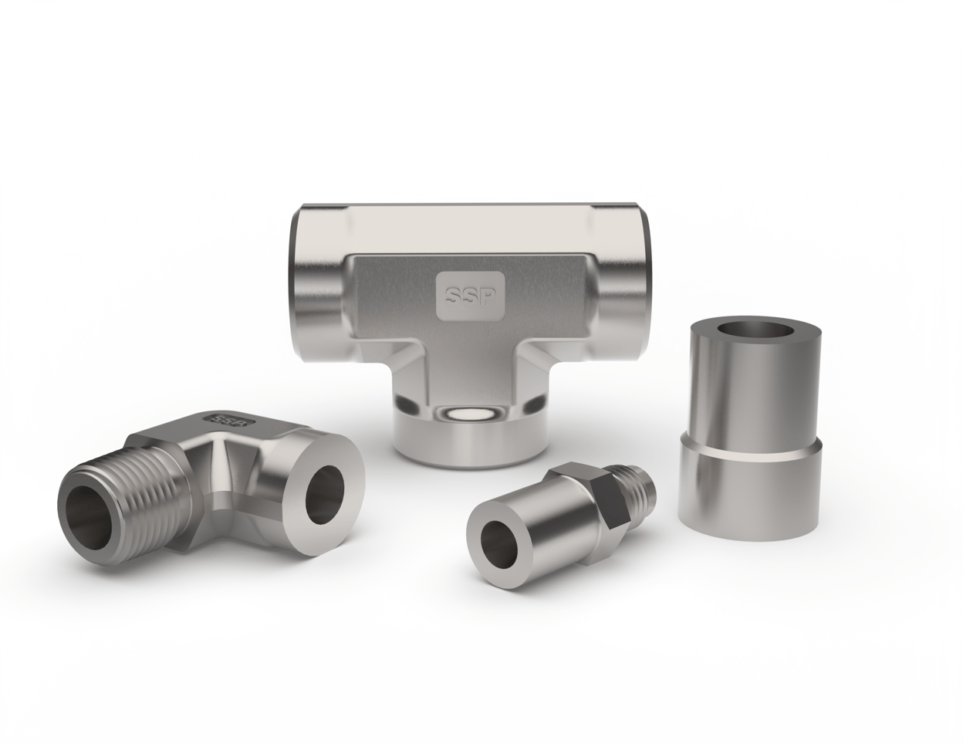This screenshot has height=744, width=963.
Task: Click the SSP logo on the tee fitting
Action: click(470, 295)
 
